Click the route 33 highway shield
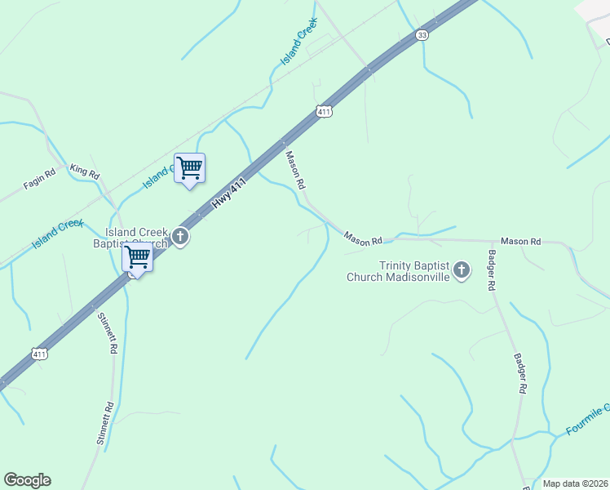[421, 35]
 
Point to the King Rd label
[84, 171]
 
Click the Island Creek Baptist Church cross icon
[180, 238]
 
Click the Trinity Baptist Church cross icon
[462, 269]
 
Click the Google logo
[27, 480]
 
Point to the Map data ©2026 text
[575, 483]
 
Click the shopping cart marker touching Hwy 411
[137, 259]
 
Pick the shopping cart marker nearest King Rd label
[189, 169]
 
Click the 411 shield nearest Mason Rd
[325, 111]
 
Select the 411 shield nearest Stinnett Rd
[39, 354]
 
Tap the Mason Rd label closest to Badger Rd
[520, 241]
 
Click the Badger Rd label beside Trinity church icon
[492, 271]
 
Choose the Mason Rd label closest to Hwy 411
[294, 167]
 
